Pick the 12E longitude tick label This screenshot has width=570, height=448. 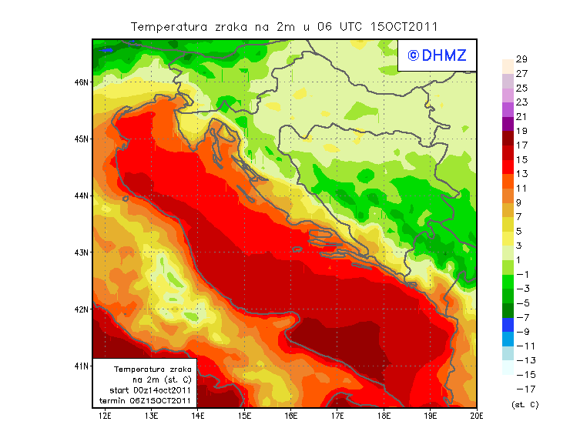(x=105, y=416)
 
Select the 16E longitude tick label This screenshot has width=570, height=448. (x=291, y=416)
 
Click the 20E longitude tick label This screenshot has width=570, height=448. (x=478, y=416)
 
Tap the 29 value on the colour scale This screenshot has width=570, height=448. (x=521, y=59)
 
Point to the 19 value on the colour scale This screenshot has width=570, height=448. (x=521, y=131)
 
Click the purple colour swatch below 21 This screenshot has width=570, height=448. (x=507, y=124)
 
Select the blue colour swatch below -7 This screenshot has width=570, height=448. (x=507, y=325)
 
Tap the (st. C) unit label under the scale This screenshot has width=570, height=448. (x=525, y=404)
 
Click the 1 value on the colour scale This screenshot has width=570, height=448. (x=521, y=259)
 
